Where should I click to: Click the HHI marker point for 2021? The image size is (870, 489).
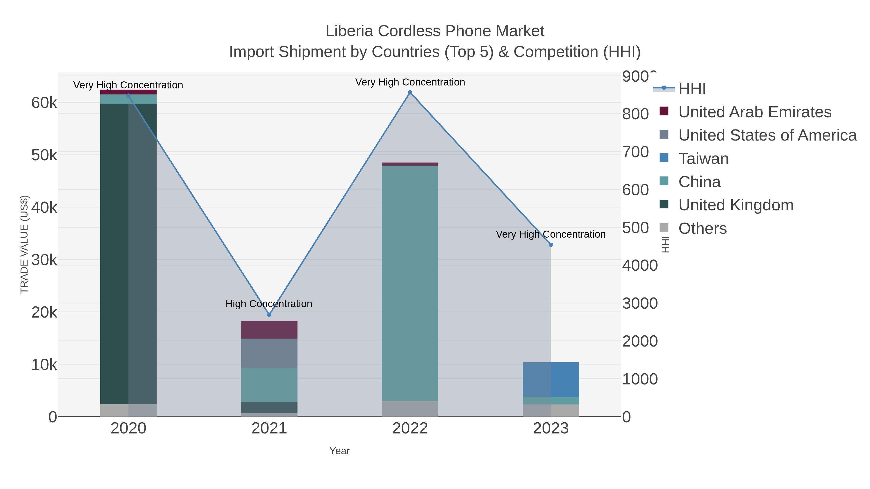tap(269, 314)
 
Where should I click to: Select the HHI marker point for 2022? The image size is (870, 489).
tap(410, 92)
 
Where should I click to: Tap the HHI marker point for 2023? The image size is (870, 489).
tap(551, 245)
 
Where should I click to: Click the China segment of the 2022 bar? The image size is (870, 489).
tap(410, 283)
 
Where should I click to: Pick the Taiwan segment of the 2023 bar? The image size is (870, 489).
tap(551, 380)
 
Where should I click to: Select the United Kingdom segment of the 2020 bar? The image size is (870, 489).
tap(128, 253)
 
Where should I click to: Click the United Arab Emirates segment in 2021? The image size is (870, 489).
tap(269, 330)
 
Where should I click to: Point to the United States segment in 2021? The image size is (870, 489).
tap(269, 353)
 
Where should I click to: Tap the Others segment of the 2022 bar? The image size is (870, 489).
tap(410, 409)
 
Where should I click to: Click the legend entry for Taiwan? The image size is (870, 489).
tap(703, 159)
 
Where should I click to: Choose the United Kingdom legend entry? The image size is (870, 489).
tap(736, 205)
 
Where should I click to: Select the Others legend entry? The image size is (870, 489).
tap(703, 228)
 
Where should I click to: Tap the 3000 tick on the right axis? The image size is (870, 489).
tap(640, 303)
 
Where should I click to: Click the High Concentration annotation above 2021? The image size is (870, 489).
tap(269, 304)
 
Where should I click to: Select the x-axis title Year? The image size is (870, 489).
tap(340, 451)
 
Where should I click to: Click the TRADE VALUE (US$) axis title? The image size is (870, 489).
tap(24, 244)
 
